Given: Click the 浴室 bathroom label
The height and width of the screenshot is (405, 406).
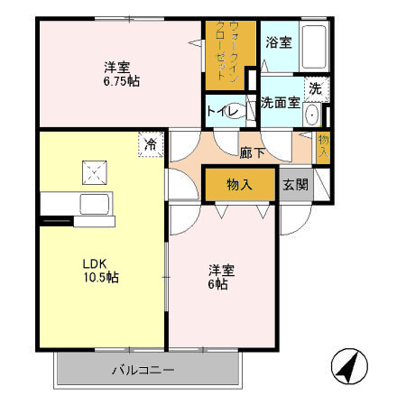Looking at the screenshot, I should point(278,42).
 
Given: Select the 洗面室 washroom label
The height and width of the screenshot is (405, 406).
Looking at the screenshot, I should point(280,103).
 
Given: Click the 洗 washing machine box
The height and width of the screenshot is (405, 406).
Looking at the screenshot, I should point(315,88).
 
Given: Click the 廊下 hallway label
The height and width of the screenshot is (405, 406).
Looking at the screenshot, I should point(253,152).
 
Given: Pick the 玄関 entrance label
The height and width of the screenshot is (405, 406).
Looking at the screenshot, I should point(295,184).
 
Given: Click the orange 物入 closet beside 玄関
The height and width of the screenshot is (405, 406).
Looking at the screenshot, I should point(239,184).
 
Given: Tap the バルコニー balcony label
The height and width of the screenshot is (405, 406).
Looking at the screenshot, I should point(143,370).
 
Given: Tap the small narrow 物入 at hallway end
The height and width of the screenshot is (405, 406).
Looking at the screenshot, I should point(323,145).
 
